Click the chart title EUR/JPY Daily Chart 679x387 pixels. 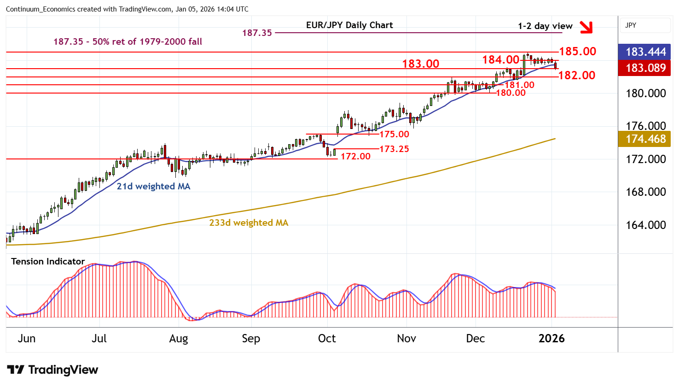click(349, 25)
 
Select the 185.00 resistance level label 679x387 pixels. click(578, 52)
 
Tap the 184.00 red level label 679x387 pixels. click(500, 60)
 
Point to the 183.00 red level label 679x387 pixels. click(421, 64)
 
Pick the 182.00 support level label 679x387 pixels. click(577, 76)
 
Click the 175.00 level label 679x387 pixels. click(394, 135)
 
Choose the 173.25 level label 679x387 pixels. click(394, 149)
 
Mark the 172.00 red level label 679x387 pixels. click(355, 157)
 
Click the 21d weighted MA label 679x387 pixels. click(153, 187)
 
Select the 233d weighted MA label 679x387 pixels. click(249, 223)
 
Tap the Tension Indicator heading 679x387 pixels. click(48, 262)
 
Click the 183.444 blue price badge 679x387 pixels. click(645, 52)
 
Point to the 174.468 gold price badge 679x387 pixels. click(645, 139)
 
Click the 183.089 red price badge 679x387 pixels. click(645, 68)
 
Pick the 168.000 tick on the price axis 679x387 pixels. click(645, 192)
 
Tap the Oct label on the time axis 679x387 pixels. click(327, 339)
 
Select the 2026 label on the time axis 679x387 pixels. click(551, 339)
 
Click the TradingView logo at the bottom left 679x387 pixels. click(52, 370)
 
